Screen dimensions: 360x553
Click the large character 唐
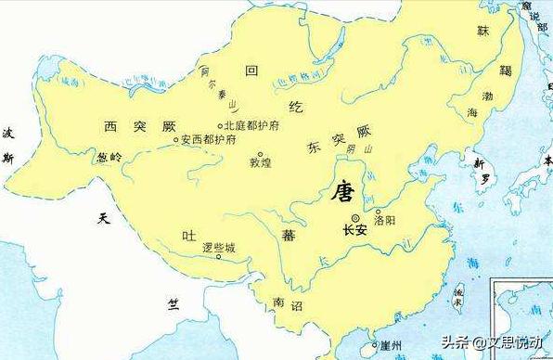click(343, 194)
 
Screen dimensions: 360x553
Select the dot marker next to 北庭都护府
click(220, 126)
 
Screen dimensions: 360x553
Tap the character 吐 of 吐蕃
click(187, 234)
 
